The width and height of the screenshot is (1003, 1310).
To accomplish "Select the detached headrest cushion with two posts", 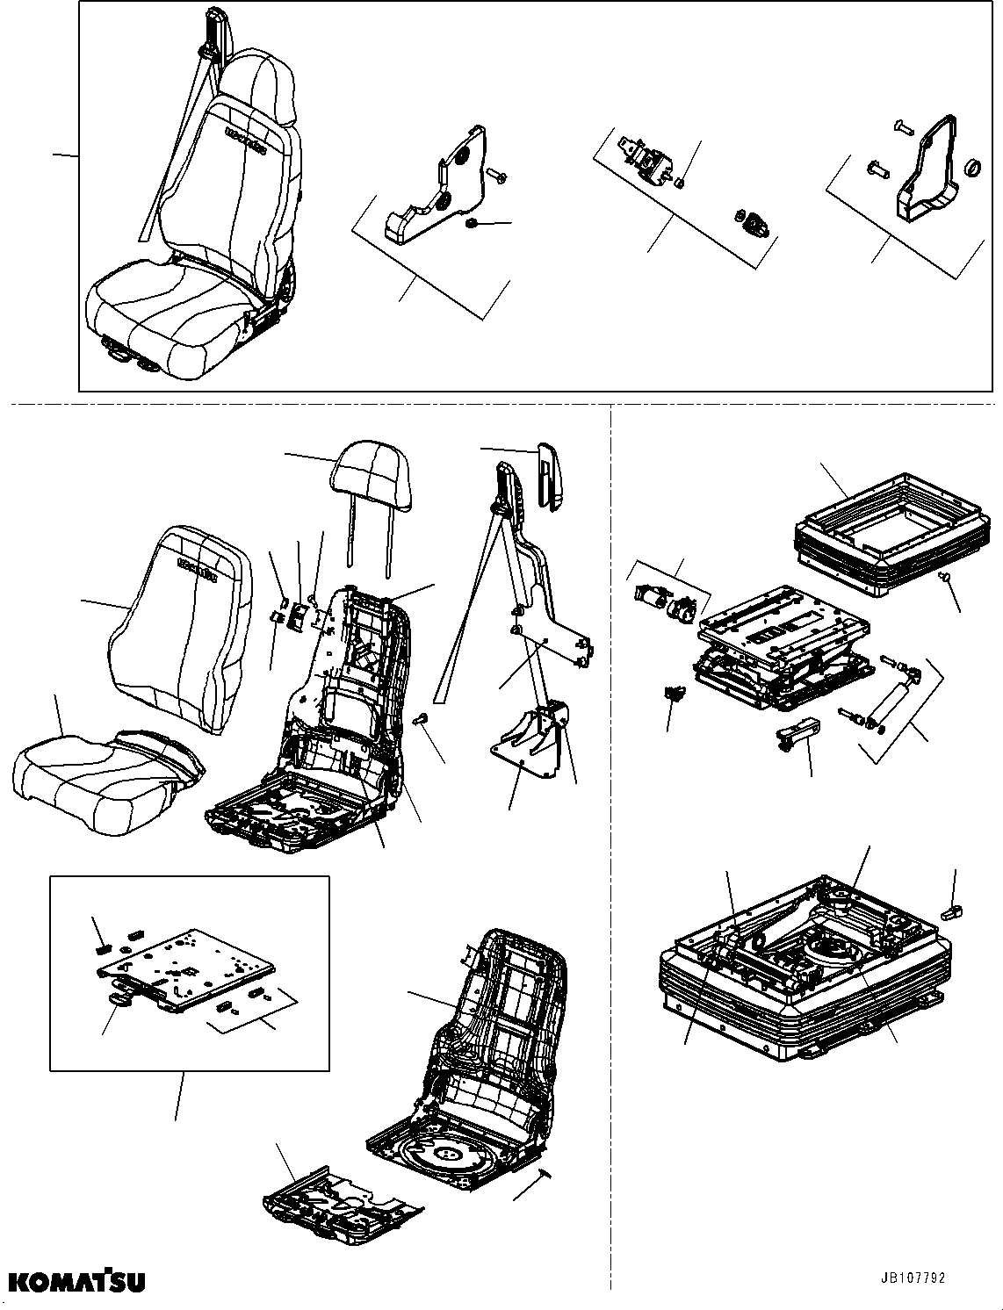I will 371,479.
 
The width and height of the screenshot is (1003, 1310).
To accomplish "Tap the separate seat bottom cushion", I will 105,777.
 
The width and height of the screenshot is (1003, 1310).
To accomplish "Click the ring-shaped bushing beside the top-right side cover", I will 972,167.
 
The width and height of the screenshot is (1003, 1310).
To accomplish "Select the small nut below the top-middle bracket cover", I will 473,226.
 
